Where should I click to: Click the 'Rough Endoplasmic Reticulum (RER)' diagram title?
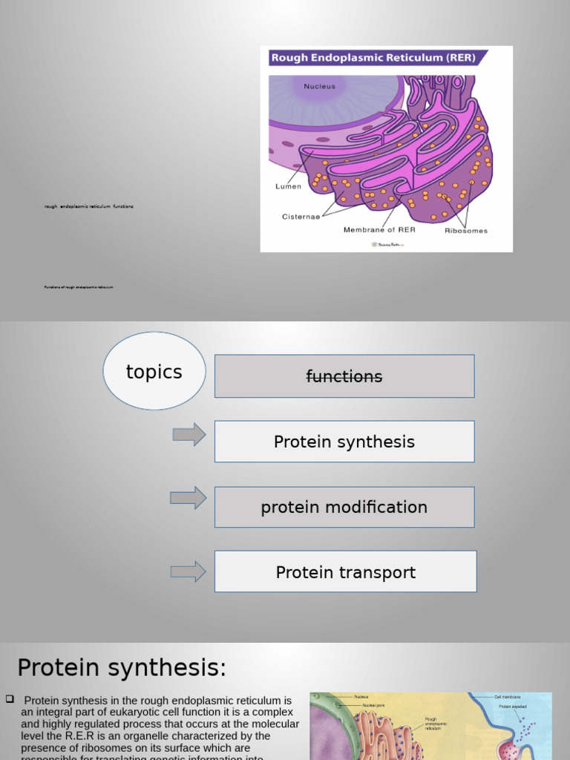[373, 58]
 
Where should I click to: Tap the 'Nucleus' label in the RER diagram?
[319, 87]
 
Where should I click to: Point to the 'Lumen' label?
[288, 186]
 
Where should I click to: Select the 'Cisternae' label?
[301, 217]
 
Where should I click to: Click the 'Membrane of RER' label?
[379, 230]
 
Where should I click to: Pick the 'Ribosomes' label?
[466, 231]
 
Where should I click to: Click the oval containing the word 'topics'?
[154, 371]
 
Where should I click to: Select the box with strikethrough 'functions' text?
[344, 376]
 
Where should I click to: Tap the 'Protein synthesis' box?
[344, 442]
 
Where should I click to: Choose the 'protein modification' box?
[344, 507]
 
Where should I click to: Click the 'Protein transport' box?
[345, 571]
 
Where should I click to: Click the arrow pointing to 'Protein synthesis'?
[189, 434]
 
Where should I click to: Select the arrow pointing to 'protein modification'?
[188, 498]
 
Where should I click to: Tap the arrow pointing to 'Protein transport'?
[188, 571]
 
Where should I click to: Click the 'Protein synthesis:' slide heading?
[122, 668]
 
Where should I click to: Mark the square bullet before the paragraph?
[10, 699]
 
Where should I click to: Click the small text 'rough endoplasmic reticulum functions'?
[89, 206]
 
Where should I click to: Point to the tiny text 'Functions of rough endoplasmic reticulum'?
[79, 286]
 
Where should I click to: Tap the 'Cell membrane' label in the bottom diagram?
[508, 697]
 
